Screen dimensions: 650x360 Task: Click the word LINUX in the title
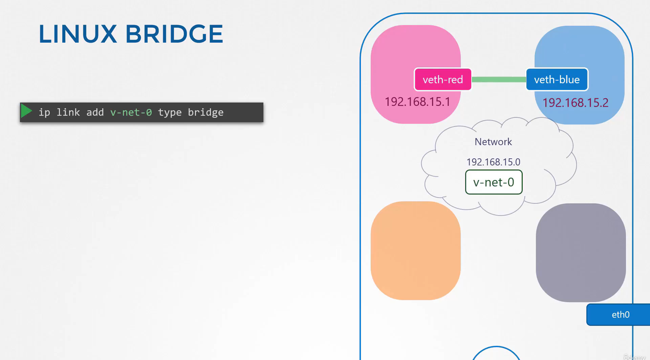78,34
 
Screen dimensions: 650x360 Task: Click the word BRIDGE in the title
174,34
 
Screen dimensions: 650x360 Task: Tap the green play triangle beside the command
26,111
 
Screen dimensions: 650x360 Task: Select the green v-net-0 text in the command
131,112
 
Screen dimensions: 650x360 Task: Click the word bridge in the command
205,112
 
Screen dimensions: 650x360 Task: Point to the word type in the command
170,112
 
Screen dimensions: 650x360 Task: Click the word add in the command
95,112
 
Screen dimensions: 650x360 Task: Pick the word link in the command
68,112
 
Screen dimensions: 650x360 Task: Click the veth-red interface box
443,80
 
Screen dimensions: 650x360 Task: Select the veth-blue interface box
557,80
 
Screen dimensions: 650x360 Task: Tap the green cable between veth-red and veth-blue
499,80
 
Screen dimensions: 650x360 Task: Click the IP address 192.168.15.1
417,102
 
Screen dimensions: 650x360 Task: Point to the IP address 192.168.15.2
576,103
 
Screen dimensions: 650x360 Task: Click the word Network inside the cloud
493,142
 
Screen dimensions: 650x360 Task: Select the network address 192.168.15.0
493,162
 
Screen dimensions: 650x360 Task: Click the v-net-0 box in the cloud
494,182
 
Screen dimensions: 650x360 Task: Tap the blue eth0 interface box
619,315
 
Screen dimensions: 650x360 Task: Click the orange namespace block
416,251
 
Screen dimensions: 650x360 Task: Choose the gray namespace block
581,253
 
